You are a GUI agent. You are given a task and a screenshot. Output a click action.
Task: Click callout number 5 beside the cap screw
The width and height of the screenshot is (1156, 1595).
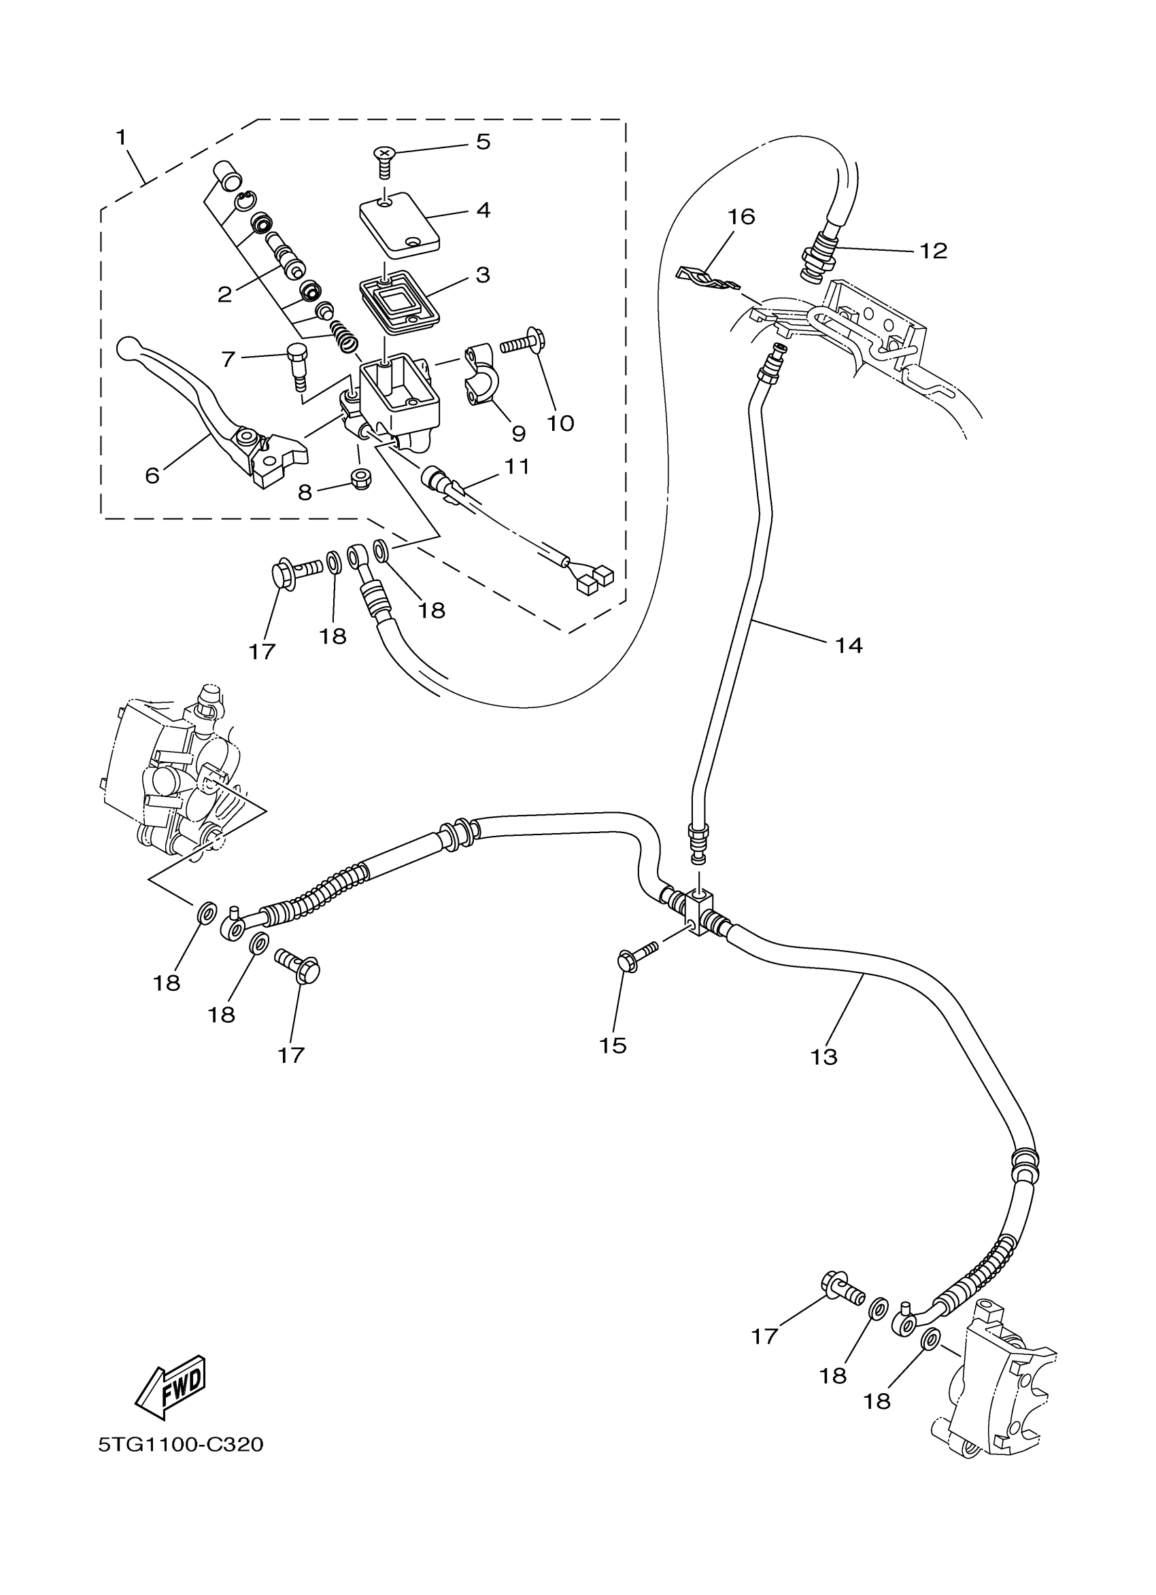point(483,141)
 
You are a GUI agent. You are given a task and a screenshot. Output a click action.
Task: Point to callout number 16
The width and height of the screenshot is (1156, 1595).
point(741,217)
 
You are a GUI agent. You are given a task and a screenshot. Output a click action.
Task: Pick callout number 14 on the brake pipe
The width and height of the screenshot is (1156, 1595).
point(849,645)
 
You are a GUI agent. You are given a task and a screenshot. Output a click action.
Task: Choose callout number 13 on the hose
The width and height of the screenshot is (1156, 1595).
point(824,1076)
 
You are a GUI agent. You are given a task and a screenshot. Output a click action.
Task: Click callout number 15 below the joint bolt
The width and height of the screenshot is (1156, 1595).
point(612,1066)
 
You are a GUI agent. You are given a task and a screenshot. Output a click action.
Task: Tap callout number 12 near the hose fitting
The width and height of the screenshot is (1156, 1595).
point(934,250)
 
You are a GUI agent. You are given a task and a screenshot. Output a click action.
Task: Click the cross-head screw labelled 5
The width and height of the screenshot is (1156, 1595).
point(384,160)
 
